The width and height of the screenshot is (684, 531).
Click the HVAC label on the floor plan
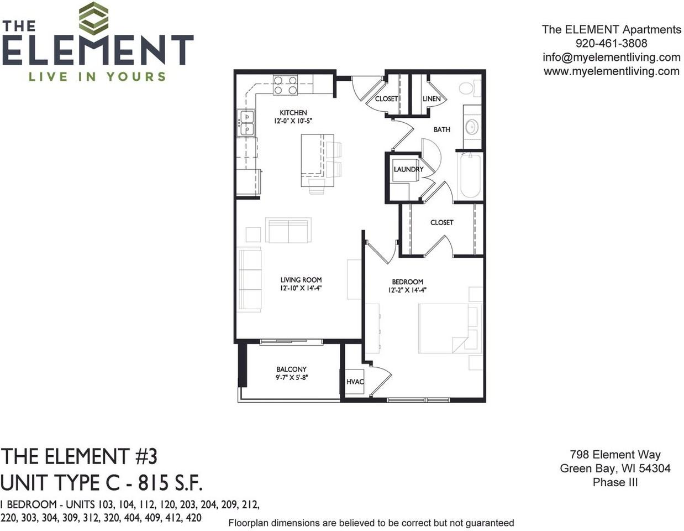point(355,382)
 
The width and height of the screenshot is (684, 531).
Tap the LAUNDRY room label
point(408,169)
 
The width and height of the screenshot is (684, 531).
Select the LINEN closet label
point(432,98)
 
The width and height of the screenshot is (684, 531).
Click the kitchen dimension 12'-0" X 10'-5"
point(293,121)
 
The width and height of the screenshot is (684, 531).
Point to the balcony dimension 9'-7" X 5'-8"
point(291,378)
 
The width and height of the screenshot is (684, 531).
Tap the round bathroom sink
point(471,127)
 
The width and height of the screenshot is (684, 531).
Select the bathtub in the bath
point(470,175)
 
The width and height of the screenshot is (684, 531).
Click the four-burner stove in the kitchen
point(285,85)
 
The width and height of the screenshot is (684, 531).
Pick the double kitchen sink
point(246,123)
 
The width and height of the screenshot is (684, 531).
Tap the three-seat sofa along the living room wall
point(250,279)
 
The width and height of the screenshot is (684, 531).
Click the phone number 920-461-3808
point(611,43)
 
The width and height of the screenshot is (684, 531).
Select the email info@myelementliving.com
point(611,57)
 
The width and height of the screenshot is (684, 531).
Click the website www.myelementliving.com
point(611,71)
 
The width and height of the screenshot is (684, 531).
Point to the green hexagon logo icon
point(93,18)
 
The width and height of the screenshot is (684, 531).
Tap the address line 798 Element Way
point(615,455)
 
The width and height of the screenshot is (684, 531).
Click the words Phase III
point(615,482)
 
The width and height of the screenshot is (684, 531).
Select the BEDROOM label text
point(407,282)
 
